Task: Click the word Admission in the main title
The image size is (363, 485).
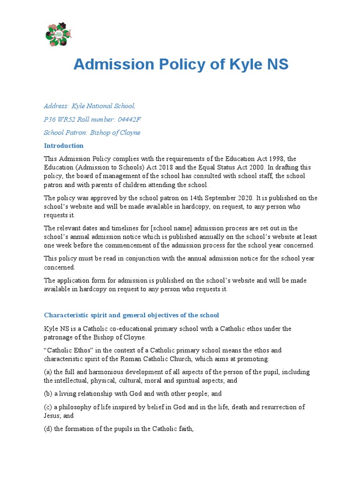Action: point(114,64)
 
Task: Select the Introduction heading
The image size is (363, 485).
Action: point(64,145)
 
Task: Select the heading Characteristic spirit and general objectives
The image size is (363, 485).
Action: point(131,315)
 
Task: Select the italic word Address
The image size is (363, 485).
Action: point(56,106)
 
